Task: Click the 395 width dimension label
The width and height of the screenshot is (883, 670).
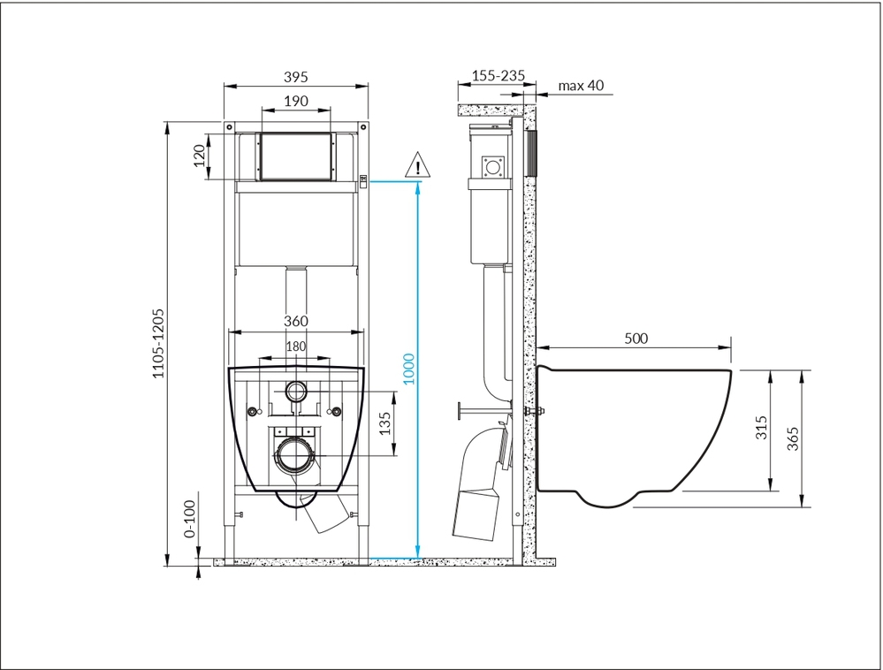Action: [295, 77]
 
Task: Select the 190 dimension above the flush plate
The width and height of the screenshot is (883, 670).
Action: [295, 101]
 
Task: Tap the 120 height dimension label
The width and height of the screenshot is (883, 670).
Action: [200, 156]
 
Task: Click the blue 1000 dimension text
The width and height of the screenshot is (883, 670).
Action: [409, 369]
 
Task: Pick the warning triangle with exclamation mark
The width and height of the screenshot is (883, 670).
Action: [417, 165]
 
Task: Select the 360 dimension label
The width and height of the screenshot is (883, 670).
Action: [295, 321]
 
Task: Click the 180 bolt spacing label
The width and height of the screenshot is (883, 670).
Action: [295, 346]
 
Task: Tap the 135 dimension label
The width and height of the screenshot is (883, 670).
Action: [384, 423]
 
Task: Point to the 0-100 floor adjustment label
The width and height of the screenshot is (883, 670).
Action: [190, 519]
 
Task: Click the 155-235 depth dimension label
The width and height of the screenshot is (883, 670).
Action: [499, 75]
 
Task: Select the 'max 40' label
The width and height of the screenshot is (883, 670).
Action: [581, 85]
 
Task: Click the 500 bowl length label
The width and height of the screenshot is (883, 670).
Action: [636, 339]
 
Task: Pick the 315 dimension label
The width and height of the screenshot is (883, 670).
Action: [761, 427]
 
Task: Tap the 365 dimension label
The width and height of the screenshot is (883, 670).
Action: [792, 438]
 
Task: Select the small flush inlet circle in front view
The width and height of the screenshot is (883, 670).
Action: [296, 391]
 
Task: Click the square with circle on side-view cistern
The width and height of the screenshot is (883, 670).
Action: [493, 167]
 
